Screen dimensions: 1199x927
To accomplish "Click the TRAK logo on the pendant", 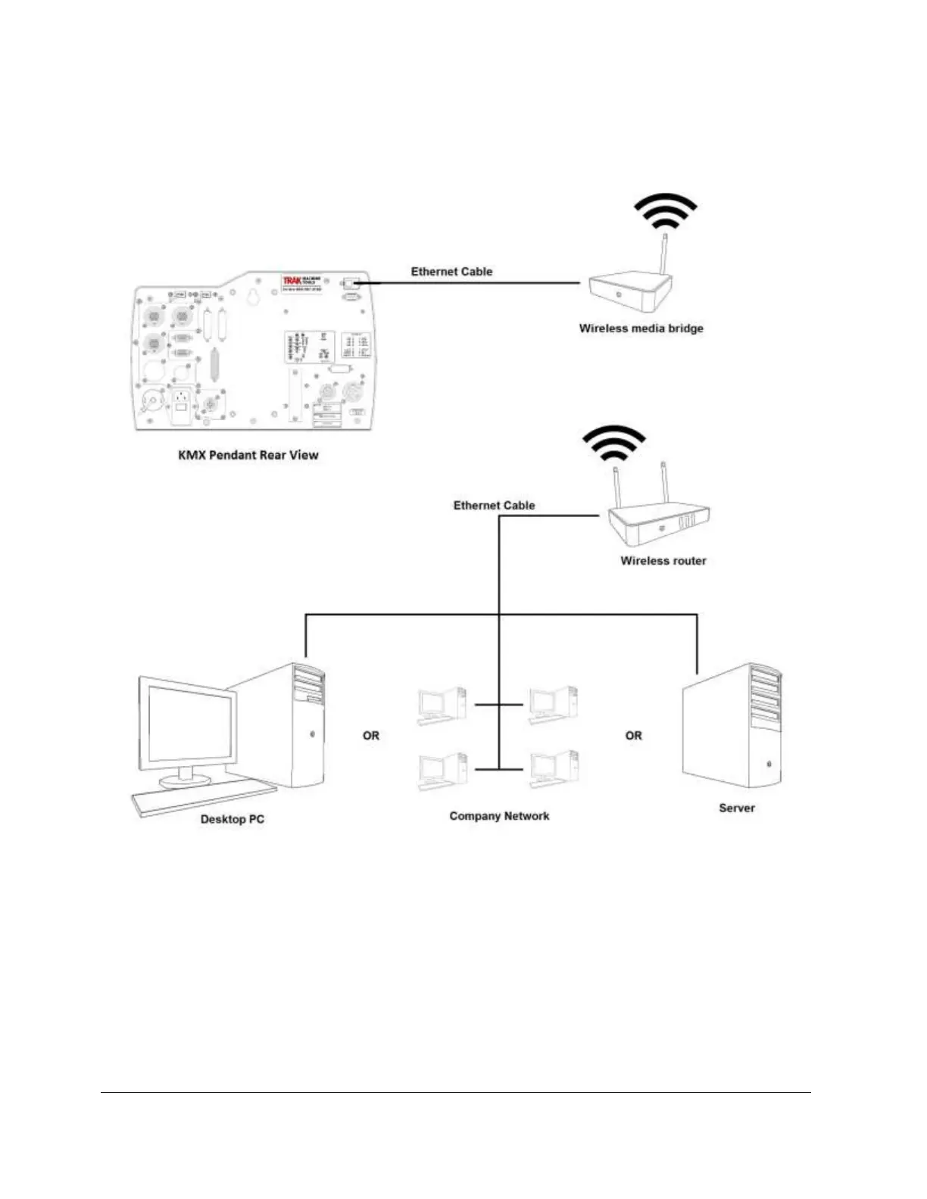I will (292, 281).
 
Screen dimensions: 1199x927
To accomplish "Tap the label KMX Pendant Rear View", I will (248, 455).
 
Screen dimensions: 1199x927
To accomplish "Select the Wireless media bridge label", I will (641, 329).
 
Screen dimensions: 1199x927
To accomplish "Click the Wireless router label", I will (663, 561).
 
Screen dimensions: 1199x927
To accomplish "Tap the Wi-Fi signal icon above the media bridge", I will (665, 211).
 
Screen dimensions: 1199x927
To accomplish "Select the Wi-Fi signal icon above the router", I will (613, 444).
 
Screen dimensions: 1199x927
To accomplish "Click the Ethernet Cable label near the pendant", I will (451, 271).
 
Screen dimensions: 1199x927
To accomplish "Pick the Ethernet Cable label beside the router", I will (494, 505).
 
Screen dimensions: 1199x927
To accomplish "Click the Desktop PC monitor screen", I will (189, 725).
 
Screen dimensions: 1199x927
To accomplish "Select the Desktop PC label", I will (232, 819).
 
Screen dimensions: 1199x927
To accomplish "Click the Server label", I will (736, 808).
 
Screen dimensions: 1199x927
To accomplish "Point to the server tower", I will (732, 727).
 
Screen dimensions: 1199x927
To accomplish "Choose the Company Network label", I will (499, 816).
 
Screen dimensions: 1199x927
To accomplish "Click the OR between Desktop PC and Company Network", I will (371, 735).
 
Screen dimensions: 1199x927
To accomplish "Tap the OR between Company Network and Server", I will (633, 735).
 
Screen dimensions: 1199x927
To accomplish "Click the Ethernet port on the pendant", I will (350, 283).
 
